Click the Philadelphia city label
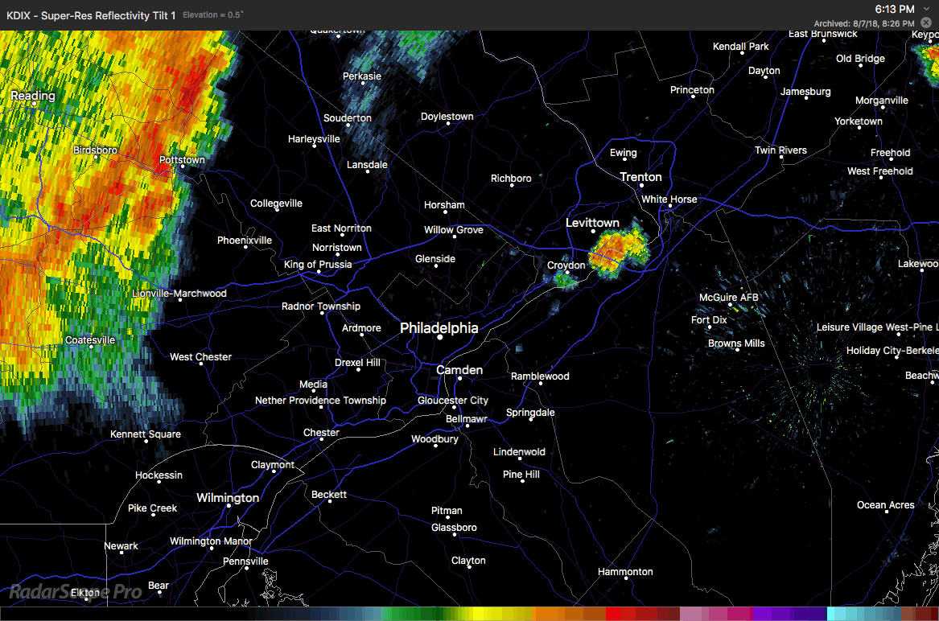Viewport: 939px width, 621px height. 439,327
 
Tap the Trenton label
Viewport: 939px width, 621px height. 640,177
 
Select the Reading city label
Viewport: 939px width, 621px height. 33,96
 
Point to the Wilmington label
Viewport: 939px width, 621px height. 228,498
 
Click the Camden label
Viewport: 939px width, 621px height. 459,370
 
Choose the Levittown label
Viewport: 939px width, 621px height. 592,223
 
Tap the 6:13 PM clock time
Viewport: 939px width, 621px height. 895,9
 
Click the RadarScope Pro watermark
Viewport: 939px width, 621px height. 76,592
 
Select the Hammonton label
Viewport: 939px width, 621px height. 625,572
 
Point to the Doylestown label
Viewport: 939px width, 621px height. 447,117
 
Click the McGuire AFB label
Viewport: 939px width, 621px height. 728,298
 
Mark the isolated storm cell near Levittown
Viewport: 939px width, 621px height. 618,249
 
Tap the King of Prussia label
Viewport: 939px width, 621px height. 318,265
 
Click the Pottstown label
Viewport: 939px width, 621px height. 182,160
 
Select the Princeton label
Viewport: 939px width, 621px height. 692,90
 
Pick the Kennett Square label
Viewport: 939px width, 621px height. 146,434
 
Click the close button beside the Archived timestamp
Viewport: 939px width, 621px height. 926,23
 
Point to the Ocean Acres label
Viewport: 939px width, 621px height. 885,505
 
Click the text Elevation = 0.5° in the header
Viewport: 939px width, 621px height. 213,15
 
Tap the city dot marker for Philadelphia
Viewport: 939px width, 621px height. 440,338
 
